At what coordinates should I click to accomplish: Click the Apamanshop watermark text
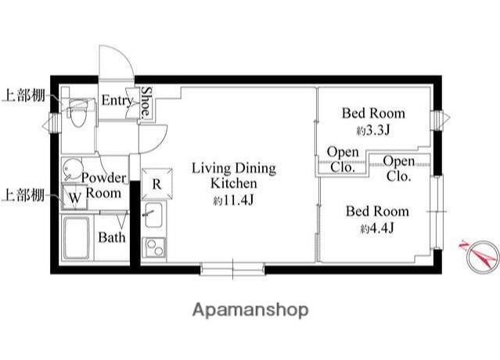pyautogui.click(x=250, y=310)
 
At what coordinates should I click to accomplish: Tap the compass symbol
pyautogui.click(x=482, y=257)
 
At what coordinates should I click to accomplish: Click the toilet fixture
pyautogui.click(x=77, y=113)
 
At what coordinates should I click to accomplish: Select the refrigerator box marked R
pyautogui.click(x=156, y=184)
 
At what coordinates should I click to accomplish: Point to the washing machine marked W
pyautogui.click(x=74, y=197)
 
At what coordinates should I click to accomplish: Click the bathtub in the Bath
pyautogui.click(x=77, y=238)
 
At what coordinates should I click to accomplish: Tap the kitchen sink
pyautogui.click(x=153, y=215)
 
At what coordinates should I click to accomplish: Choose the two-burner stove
pyautogui.click(x=154, y=248)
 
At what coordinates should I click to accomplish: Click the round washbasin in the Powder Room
pyautogui.click(x=71, y=169)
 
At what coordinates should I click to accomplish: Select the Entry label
pyautogui.click(x=117, y=101)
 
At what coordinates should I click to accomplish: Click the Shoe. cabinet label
pyautogui.click(x=146, y=102)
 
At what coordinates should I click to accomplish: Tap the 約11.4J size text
pyautogui.click(x=233, y=200)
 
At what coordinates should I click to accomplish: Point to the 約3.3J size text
pyautogui.click(x=373, y=130)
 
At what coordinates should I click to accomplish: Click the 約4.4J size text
pyautogui.click(x=377, y=228)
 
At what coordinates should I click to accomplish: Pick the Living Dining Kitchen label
pyautogui.click(x=234, y=175)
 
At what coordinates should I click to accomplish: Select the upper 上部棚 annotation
pyautogui.click(x=24, y=95)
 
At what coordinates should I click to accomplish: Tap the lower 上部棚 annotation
pyautogui.click(x=23, y=195)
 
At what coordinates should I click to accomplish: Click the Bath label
pyautogui.click(x=112, y=237)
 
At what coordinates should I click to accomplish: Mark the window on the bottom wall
pyautogui.click(x=232, y=268)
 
